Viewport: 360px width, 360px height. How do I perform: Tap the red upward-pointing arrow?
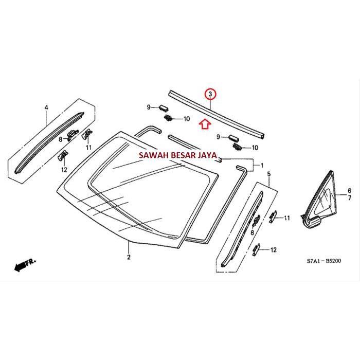pos(205,123)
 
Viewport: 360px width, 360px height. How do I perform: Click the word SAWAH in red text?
pos(150,154)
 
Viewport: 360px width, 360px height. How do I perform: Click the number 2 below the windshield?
pos(129,257)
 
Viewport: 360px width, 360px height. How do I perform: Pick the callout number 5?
pos(268,176)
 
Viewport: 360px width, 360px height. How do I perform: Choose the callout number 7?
pos(350,197)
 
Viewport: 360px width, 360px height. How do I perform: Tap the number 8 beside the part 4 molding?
pos(60,139)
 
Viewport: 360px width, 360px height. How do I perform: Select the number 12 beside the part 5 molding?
pos(273,250)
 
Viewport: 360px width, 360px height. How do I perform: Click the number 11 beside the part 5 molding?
pos(287,218)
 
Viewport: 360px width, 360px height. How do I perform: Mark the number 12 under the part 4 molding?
pos(64,169)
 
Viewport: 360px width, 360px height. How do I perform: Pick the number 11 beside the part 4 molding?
pos(88,148)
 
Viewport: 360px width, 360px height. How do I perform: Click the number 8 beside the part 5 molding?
pos(251,233)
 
